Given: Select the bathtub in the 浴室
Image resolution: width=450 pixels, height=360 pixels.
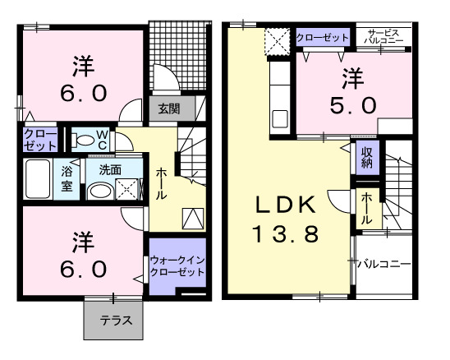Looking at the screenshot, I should click(39, 178).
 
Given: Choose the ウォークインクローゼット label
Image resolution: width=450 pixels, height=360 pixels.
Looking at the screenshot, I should click(176, 265).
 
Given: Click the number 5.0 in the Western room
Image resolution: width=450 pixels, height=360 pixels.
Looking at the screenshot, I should click(353, 105).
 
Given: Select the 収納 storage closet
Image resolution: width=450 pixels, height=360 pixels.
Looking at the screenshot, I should click(365, 157).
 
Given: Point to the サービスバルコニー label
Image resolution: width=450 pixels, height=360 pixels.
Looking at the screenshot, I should click(383, 36).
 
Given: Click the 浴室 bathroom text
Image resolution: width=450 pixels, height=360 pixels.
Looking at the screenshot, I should click(67, 178).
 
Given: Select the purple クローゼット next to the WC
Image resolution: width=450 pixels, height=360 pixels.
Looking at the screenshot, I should click(39, 140).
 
